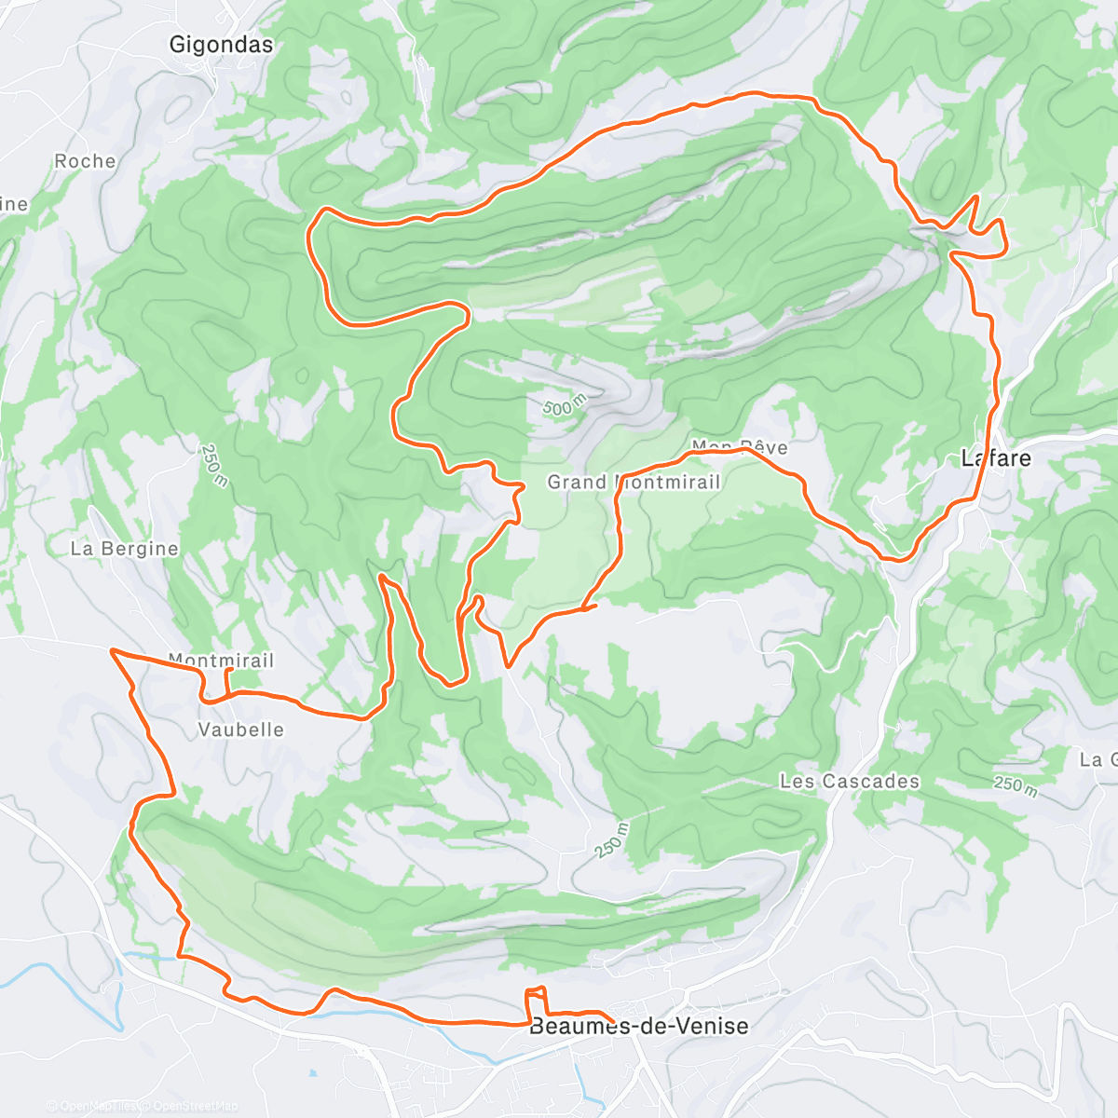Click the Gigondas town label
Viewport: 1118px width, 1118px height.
222,44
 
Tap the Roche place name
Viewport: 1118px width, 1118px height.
85,161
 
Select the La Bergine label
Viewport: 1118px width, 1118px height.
124,549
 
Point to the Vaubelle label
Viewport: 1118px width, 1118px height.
241,729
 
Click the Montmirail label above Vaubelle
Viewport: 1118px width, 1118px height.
222,660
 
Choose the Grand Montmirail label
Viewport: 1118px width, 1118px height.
634,482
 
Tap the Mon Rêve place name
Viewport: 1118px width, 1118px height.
740,447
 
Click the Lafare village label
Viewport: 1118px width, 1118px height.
996,457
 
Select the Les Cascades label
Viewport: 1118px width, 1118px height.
850,781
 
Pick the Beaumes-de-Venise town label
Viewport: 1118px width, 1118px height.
639,1027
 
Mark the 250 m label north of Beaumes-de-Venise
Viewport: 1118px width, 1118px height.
610,840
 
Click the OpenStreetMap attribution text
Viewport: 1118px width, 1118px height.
195,1106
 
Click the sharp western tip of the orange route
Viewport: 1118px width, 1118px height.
112,650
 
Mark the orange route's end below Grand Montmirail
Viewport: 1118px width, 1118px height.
594,607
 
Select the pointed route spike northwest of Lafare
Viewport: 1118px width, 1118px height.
975,198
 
